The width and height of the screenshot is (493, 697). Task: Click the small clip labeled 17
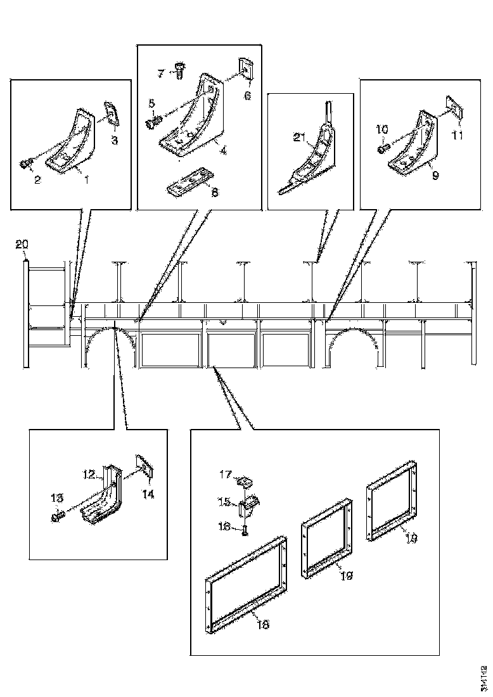tap(243, 482)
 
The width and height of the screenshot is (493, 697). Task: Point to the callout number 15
tap(224, 502)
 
